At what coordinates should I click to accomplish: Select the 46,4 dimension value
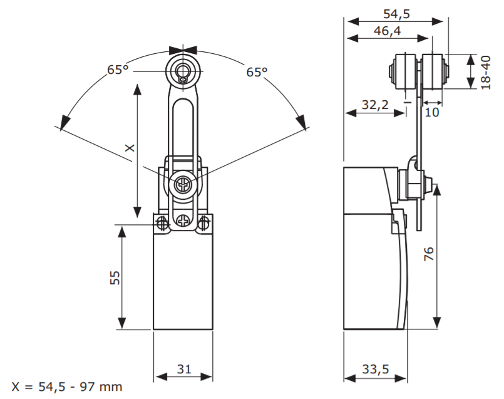click(x=388, y=31)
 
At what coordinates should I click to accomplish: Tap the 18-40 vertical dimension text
click(x=485, y=72)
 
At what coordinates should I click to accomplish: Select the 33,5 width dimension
click(x=375, y=370)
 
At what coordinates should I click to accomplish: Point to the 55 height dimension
click(x=115, y=277)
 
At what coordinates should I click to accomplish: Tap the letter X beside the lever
click(x=129, y=148)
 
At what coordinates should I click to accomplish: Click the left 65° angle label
click(x=118, y=70)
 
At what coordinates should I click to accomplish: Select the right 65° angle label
click(x=256, y=72)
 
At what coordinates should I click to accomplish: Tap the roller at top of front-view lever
click(x=182, y=71)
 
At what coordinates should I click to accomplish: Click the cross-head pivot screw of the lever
click(x=182, y=185)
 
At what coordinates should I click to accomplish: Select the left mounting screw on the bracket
click(x=162, y=222)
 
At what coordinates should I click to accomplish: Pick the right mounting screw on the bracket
click(x=203, y=222)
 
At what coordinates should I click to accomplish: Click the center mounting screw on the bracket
click(x=182, y=220)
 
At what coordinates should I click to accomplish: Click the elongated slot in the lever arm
click(x=182, y=125)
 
